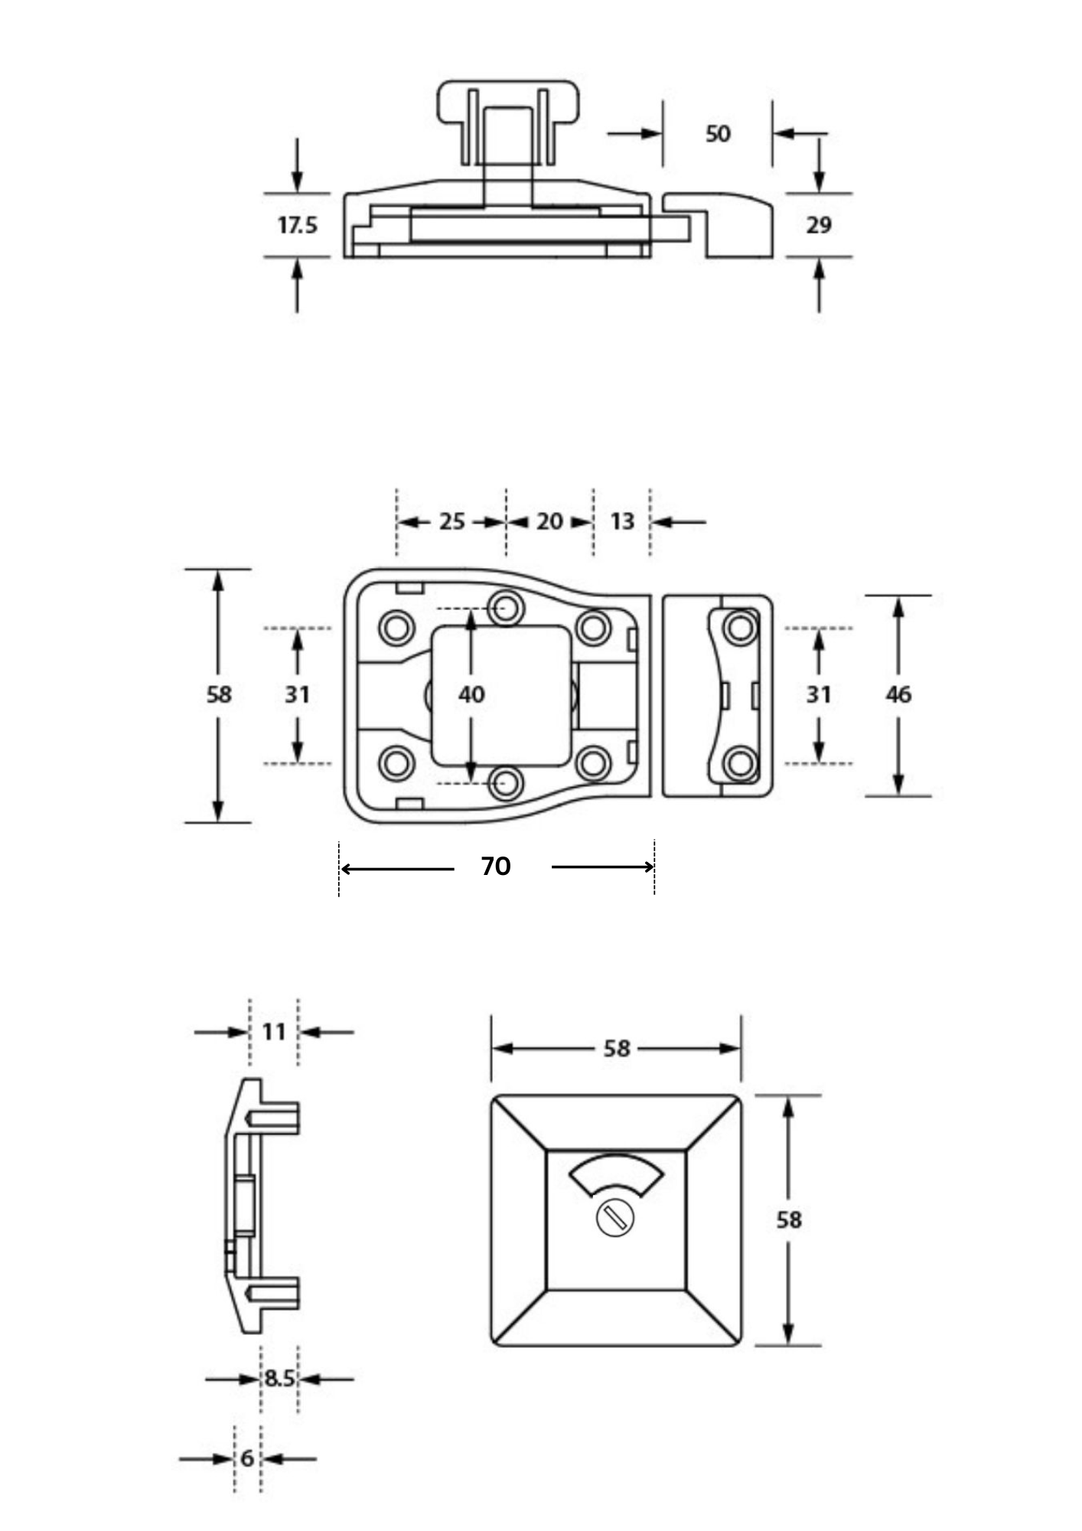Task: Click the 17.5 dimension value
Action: click(x=297, y=225)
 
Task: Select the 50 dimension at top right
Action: click(x=717, y=134)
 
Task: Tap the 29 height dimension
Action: click(x=819, y=225)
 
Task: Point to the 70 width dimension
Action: click(x=496, y=867)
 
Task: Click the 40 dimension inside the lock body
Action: click(x=471, y=694)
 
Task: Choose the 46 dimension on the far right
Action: click(x=898, y=694)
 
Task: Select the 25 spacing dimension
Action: click(x=451, y=521)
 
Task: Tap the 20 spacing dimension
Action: click(x=549, y=521)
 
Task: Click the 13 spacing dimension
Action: click(x=622, y=521)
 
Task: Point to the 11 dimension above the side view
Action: click(x=274, y=1032)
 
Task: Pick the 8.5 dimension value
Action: click(x=279, y=1379)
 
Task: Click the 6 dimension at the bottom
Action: click(x=247, y=1458)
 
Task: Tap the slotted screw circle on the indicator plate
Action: click(x=615, y=1217)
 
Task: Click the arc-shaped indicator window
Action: click(x=617, y=1173)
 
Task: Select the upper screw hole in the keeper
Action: click(x=740, y=628)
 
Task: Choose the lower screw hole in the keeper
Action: click(x=740, y=762)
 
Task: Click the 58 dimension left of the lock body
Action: click(x=219, y=694)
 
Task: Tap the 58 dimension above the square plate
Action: click(x=617, y=1048)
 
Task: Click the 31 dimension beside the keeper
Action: click(x=819, y=694)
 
